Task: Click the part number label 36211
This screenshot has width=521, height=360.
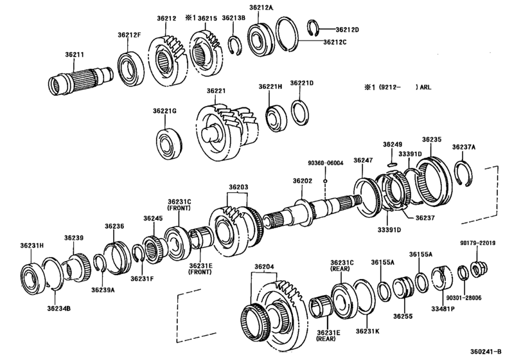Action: point(73,55)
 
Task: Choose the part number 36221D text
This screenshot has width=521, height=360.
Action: point(301,83)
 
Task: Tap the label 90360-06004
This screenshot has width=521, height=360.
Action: point(325,163)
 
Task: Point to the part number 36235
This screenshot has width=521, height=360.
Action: point(431,139)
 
